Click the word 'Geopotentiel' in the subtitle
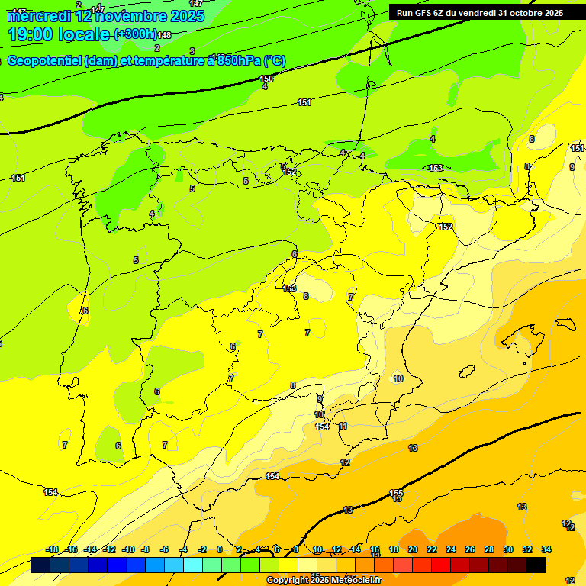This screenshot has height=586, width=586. coord(44,61)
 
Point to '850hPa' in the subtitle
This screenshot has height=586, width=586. coord(241,61)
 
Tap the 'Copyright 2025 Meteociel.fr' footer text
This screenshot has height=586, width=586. coord(324,581)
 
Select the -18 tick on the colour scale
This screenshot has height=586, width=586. coord(52,549)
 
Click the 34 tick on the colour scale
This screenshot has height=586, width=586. coord(546,549)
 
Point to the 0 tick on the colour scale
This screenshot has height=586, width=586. coord(220,549)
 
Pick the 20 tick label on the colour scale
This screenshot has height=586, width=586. coord(413,549)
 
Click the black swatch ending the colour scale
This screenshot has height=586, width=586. coord(536,565)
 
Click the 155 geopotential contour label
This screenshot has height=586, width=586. coord(396,493)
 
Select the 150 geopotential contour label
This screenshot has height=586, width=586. coord(266,79)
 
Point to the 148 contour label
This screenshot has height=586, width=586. coord(164,35)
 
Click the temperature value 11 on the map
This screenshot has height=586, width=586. coord(343,426)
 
